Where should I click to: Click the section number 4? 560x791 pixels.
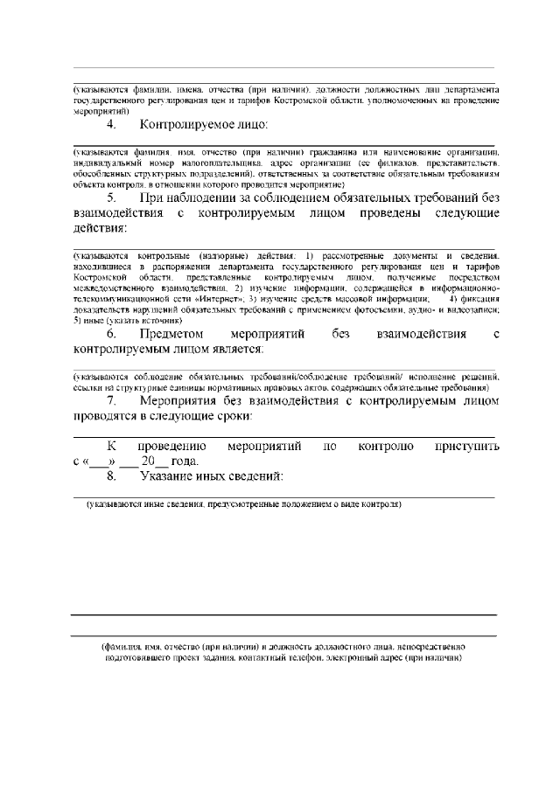tap(111, 124)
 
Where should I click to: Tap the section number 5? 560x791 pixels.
tap(111, 198)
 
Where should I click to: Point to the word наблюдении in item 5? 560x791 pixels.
tap(198, 198)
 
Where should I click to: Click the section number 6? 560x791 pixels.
tap(111, 334)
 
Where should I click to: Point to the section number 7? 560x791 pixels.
tap(111, 400)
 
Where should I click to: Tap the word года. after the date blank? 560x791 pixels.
tap(184, 461)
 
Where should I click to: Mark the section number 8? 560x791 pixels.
tap(111, 476)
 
